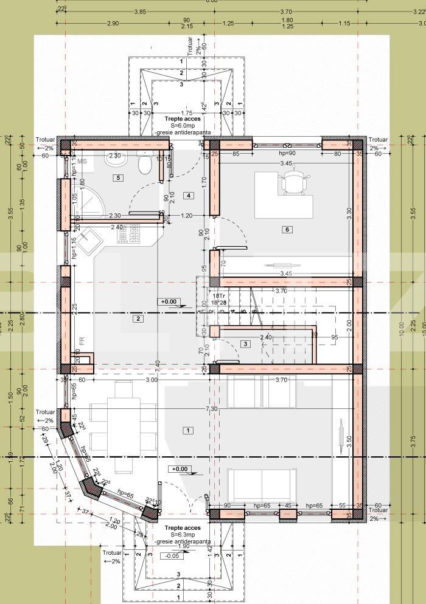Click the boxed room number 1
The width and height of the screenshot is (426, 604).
(188, 430)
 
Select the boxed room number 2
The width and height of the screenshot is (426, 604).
(138, 318)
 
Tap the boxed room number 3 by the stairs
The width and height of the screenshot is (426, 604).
(245, 344)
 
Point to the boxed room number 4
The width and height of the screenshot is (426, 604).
(189, 195)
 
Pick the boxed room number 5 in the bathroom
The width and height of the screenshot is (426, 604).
(119, 177)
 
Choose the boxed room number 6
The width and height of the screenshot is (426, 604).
(287, 229)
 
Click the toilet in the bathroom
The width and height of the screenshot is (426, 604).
(144, 165)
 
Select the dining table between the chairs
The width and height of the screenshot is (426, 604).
(123, 425)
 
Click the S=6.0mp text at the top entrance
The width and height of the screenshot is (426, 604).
(181, 125)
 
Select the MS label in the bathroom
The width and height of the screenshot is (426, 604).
(82, 160)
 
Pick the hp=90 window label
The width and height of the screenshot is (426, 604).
(287, 153)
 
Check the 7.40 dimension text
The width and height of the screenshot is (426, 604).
(158, 364)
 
